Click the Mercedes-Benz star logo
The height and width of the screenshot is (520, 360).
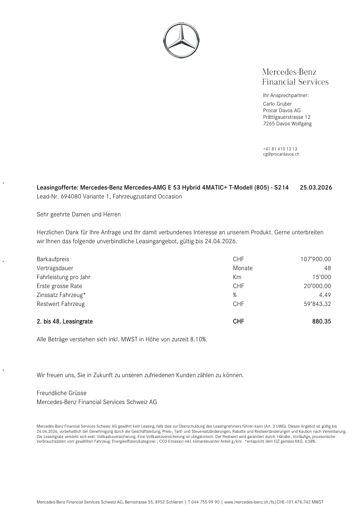181,40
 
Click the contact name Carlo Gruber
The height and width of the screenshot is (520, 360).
277,104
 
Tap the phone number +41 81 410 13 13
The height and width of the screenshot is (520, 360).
280,149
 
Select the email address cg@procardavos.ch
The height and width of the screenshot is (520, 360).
281,154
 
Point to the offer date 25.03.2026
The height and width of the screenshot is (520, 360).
316,187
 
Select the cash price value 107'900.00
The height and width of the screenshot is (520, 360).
316,259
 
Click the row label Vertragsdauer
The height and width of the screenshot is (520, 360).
55,268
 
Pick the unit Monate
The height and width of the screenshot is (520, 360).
243,268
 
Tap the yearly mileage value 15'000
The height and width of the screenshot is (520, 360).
321,277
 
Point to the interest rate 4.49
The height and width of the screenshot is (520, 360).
325,295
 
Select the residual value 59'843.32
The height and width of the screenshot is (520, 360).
317,304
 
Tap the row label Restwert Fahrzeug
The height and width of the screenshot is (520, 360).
60,304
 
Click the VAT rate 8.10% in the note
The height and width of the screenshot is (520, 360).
197,339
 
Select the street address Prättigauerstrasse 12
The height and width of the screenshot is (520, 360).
286,117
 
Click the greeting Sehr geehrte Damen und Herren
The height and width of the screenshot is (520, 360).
78,215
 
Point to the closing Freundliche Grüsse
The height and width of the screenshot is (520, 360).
61,393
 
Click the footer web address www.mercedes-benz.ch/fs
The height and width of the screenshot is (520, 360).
250,503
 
